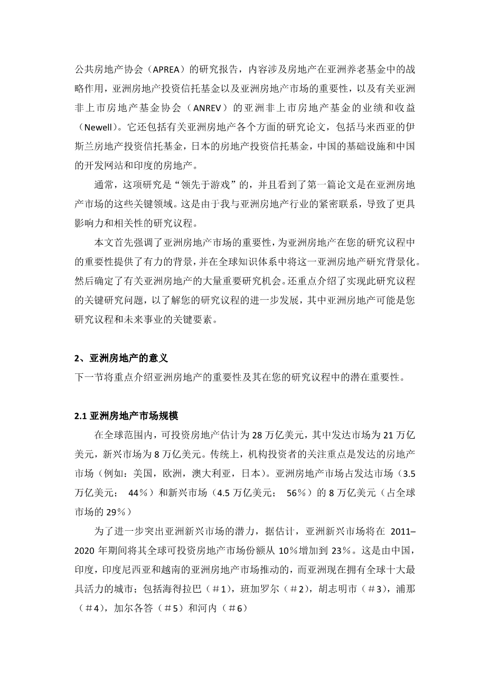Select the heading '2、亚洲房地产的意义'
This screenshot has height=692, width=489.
pos(121,358)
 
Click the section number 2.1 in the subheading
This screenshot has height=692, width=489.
pos(80,416)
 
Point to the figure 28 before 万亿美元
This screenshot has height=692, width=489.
pos(258,435)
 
